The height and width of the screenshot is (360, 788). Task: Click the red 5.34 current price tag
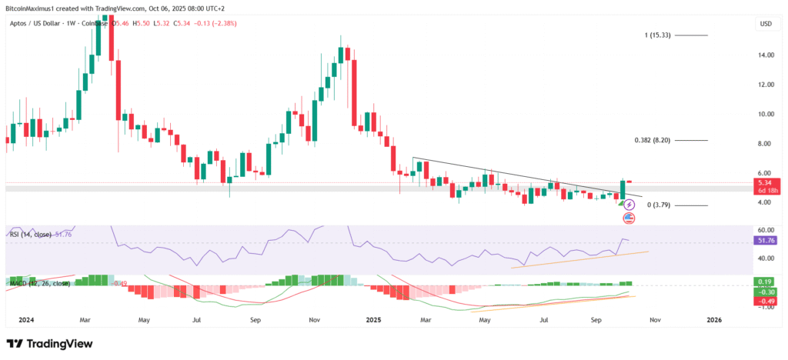pos(764,183)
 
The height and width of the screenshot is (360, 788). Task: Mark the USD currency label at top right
pos(766,24)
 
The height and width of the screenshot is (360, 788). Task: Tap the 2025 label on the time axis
pos(374,319)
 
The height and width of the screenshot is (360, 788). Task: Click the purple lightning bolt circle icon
pos(629,205)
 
